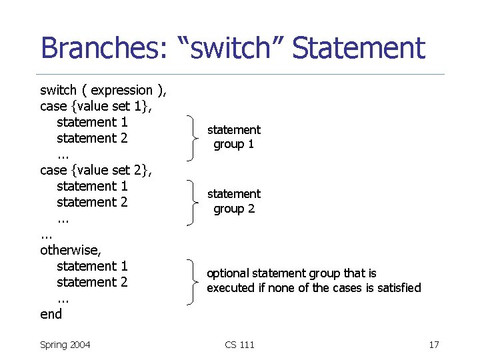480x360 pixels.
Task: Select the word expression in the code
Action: [121, 90]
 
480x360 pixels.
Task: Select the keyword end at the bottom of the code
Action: [51, 314]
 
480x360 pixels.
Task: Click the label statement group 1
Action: [233, 137]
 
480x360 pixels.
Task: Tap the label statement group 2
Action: [233, 201]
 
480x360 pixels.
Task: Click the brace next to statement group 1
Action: [195, 137]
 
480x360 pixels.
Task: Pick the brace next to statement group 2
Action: [195, 201]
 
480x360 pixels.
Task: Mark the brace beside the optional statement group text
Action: [195, 281]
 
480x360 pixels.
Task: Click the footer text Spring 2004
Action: [65, 345]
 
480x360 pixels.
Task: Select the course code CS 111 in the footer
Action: [239, 345]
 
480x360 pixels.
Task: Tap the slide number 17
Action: [433, 345]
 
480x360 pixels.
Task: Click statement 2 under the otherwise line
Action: [92, 282]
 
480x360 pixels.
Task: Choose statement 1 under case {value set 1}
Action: [92, 122]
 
